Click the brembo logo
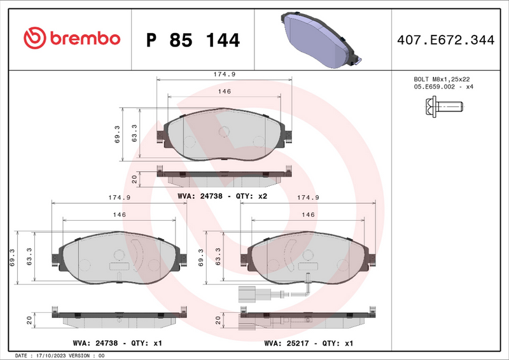click(71, 38)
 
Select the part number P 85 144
click(193, 40)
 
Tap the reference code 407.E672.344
click(445, 40)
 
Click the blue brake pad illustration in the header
click(318, 39)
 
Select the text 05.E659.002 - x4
click(443, 87)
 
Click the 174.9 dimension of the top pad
click(224, 74)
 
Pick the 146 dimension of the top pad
click(224, 92)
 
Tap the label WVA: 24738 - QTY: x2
click(221, 197)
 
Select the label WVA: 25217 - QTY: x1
click(308, 343)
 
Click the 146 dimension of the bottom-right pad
click(308, 215)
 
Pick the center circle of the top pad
click(224, 132)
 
